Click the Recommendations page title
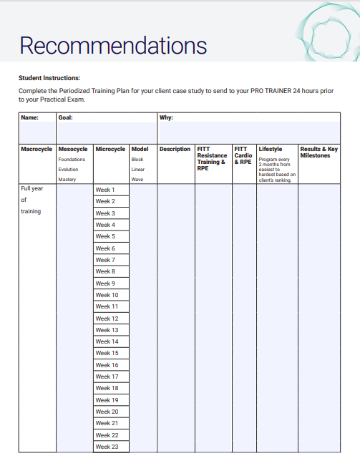pos(113,46)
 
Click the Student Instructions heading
pos(49,77)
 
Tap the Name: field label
pos(29,117)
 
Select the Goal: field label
pos(65,117)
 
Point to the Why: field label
pos(166,117)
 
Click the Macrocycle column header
pos(37,150)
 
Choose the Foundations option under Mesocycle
pos(72,160)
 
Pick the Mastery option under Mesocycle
pos(67,179)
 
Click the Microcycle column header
pos(110,150)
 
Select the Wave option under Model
pos(137,179)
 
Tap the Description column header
pos(175,150)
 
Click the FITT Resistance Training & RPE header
pos(212,158)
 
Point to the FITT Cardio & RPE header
pos(243,155)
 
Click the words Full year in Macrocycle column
pos(32,188)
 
